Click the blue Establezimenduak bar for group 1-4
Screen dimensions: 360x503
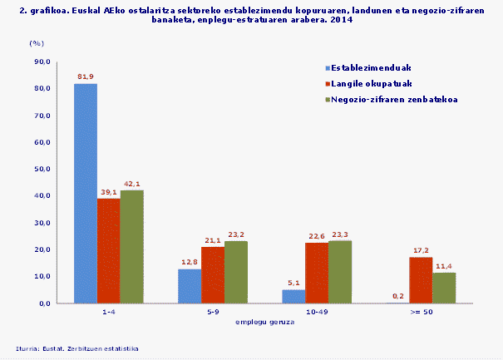tap(86, 194)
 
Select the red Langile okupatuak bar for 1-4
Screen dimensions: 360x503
tap(108, 251)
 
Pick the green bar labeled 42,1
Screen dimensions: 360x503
tap(131, 247)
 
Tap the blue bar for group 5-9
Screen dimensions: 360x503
tap(190, 286)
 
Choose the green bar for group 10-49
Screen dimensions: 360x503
tap(340, 272)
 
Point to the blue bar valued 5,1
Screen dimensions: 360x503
tap(293, 296)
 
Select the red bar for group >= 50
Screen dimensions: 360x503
tap(421, 280)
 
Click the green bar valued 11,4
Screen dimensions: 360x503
tap(444, 288)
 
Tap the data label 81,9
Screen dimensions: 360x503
tap(86, 76)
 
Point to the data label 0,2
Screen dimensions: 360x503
tap(397, 296)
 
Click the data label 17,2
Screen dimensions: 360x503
tap(421, 250)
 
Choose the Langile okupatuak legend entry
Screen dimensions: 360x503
tap(371, 84)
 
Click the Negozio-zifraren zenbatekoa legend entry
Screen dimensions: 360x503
tap(392, 100)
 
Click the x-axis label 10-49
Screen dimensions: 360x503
tap(317, 313)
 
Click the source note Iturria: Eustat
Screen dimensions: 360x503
tap(76, 348)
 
